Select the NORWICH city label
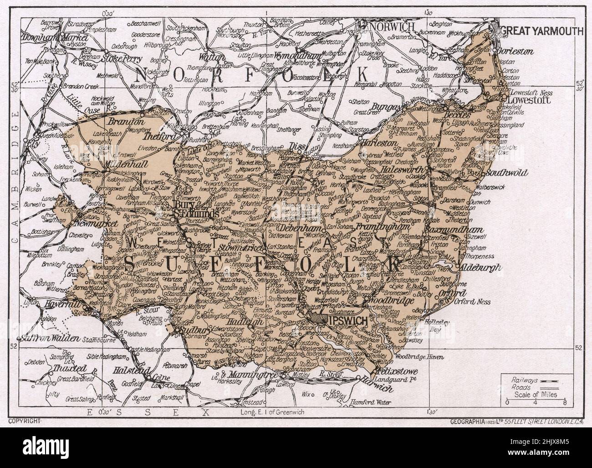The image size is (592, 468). (392, 27)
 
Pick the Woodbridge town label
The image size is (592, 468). (393, 301)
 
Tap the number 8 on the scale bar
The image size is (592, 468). (565, 403)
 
